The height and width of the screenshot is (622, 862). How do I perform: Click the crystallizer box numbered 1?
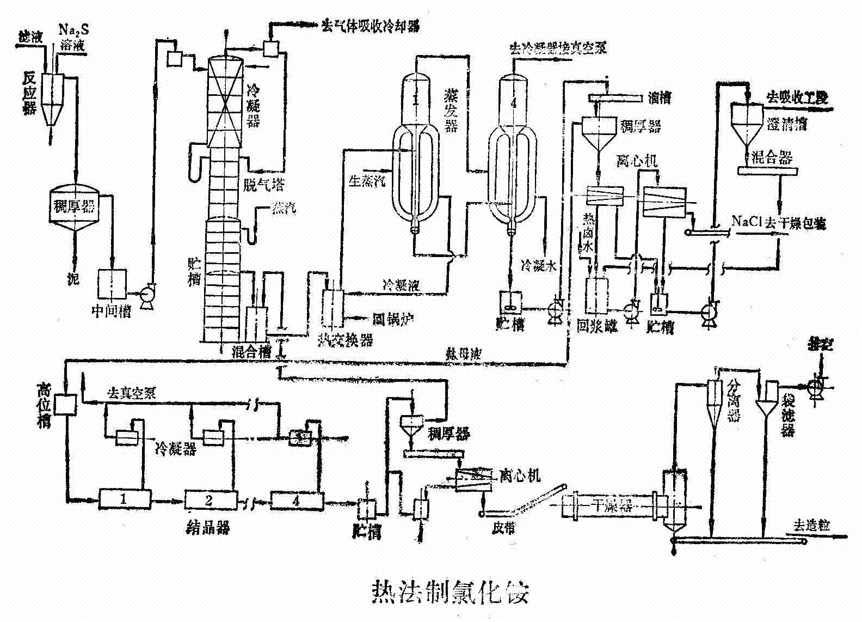click(124, 498)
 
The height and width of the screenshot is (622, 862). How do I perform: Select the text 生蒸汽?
click(366, 180)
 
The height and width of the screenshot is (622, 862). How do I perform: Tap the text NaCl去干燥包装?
click(778, 222)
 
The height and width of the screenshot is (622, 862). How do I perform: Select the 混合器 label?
click(771, 158)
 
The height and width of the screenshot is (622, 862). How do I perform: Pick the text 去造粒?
click(811, 526)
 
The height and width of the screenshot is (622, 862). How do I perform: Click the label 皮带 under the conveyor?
click(502, 528)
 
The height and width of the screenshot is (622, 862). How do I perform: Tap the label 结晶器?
click(208, 528)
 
